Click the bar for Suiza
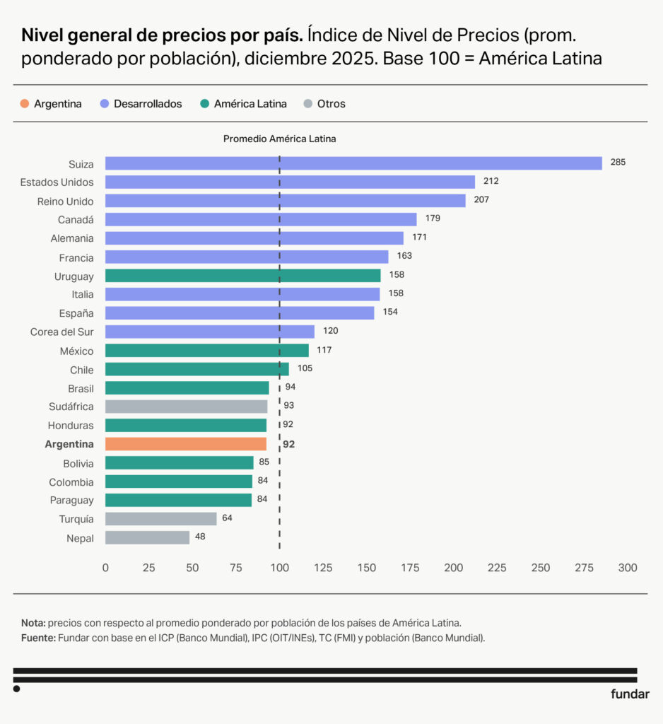(353, 163)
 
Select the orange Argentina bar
(186, 444)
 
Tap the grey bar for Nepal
(147, 538)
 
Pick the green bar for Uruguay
(242, 276)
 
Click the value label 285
(618, 163)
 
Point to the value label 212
(491, 181)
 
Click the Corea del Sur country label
(62, 332)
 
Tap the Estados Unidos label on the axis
(57, 182)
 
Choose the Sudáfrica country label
(71, 407)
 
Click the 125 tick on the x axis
(323, 568)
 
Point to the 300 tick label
(628, 568)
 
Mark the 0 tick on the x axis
(105, 568)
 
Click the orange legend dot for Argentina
(25, 104)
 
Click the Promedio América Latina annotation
(279, 139)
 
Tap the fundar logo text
(630, 694)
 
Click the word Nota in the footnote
(33, 623)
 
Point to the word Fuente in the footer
(37, 638)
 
